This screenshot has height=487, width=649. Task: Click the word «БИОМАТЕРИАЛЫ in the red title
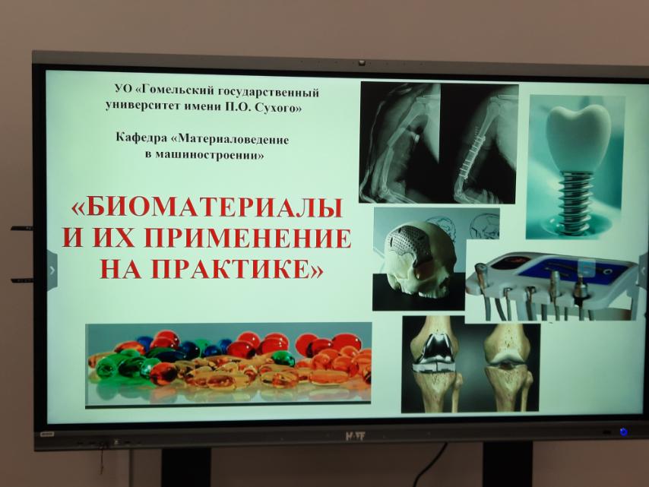[x=207, y=207]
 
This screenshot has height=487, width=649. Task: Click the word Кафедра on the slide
[x=141, y=138]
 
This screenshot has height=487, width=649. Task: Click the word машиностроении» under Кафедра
[x=204, y=155]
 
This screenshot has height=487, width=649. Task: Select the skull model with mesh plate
[x=418, y=258]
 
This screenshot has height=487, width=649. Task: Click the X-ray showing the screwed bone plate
[x=480, y=143]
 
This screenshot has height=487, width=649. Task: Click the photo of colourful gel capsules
[x=229, y=365]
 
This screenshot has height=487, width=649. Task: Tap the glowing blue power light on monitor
[x=623, y=432]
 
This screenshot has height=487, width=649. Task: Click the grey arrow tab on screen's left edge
[x=52, y=270]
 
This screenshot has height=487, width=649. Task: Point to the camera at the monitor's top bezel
[x=362, y=63]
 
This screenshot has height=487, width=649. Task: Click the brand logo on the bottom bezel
[x=355, y=435]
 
